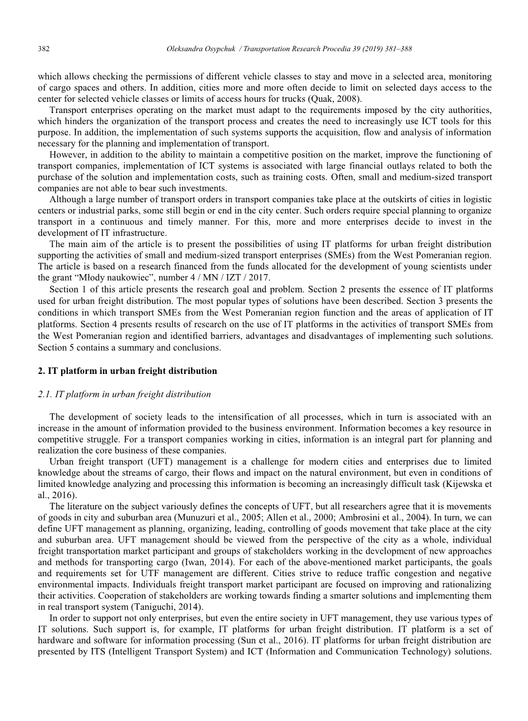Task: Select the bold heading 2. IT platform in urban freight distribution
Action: [127, 371]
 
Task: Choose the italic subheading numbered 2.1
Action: [124, 394]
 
